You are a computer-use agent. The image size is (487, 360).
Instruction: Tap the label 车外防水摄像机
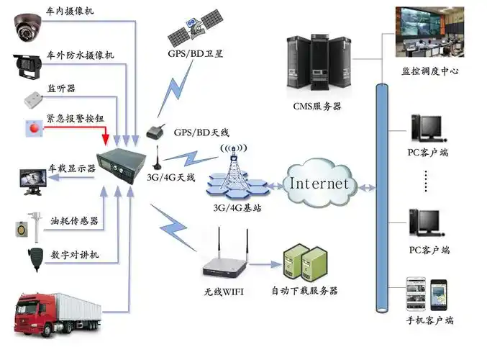(80, 55)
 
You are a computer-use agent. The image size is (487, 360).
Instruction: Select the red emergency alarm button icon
(33, 128)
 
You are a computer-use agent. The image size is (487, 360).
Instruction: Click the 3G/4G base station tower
(232, 173)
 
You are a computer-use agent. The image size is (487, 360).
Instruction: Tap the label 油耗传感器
(74, 220)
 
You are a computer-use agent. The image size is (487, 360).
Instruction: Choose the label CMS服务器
(317, 107)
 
